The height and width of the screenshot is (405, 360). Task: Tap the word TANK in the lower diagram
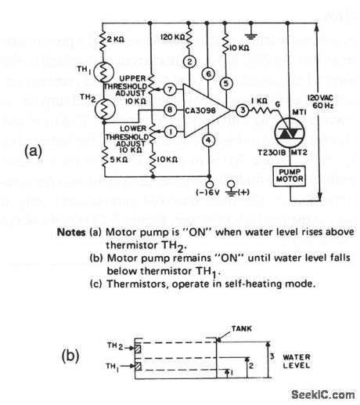pyautogui.click(x=243, y=331)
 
